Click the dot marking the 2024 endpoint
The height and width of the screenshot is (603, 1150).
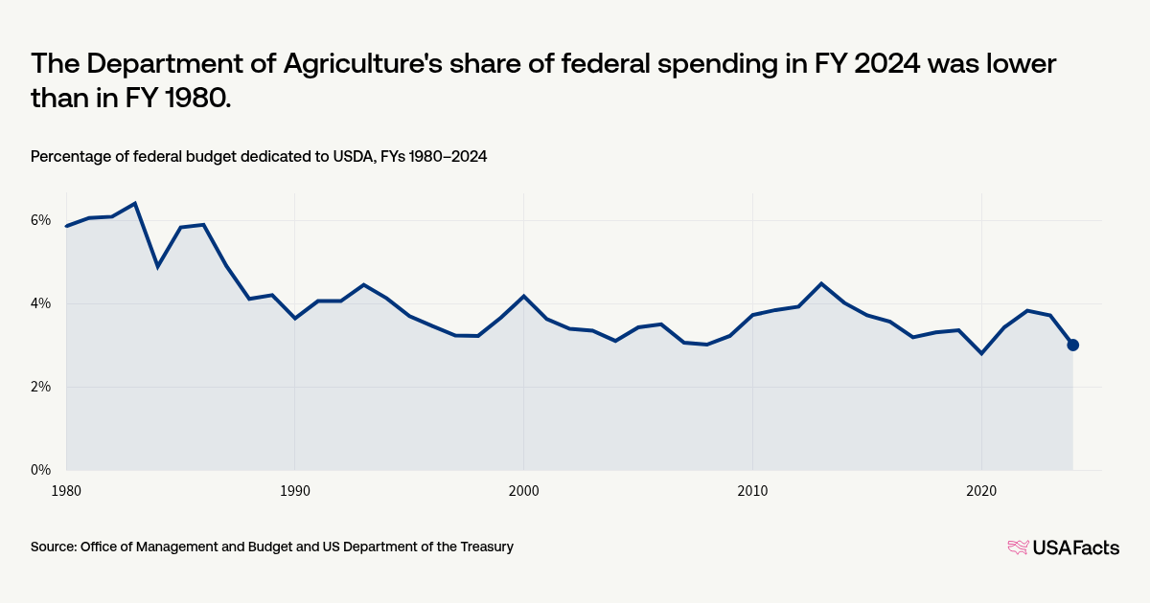tap(1072, 345)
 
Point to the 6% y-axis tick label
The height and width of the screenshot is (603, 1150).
tap(40, 220)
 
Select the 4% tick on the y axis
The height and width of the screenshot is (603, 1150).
tap(40, 303)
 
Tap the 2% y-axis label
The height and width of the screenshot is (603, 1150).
tap(40, 387)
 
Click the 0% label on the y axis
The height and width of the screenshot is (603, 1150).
tap(40, 470)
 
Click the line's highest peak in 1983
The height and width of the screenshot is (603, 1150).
tap(135, 203)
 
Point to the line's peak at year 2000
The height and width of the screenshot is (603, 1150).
tap(523, 296)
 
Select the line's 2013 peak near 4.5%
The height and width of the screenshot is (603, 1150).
tap(821, 283)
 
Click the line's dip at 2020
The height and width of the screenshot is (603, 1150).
tap(981, 353)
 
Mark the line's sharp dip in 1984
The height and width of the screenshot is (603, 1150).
tap(157, 266)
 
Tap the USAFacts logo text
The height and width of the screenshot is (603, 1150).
tap(1075, 547)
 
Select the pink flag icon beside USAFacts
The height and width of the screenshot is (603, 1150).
tap(1017, 547)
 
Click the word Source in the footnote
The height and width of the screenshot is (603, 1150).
tap(53, 547)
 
